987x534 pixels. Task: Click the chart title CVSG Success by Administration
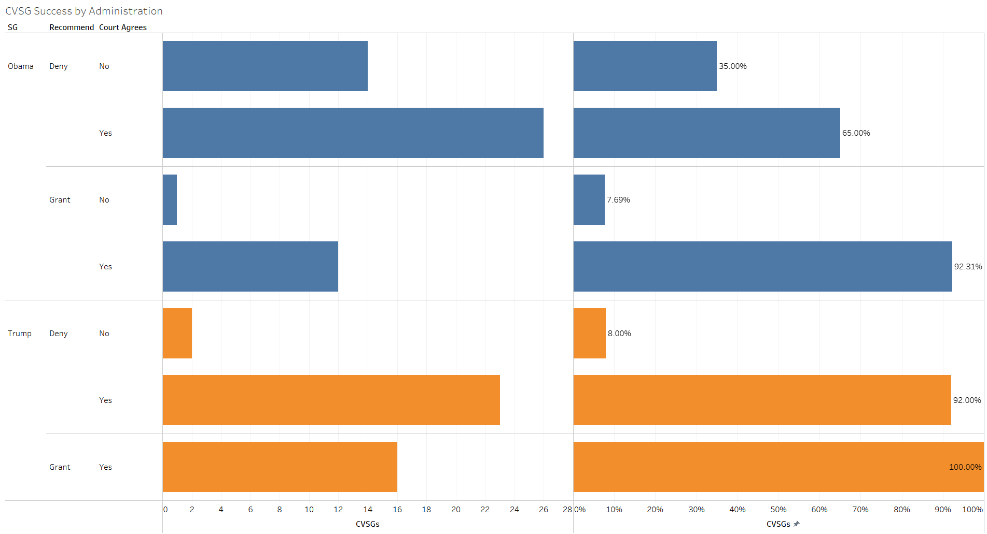point(84,11)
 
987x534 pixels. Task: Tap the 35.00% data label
point(732,66)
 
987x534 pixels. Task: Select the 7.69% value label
point(618,200)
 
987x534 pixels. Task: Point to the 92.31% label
point(968,267)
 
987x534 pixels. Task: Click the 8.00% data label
point(619,334)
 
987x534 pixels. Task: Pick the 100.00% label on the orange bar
point(965,467)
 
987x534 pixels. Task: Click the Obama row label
point(21,66)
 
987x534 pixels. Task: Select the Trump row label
point(20,334)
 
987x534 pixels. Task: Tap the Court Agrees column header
point(123,27)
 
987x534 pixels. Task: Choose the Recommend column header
point(72,27)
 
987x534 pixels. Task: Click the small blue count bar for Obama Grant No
point(170,200)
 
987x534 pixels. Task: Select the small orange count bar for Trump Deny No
point(177,334)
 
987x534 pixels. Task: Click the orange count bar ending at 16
point(280,467)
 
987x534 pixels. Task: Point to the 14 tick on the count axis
point(368,510)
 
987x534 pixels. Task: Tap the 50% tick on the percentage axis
point(778,510)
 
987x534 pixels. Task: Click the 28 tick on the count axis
point(567,510)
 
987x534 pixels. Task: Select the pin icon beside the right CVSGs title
point(797,524)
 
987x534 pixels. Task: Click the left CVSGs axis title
point(367,524)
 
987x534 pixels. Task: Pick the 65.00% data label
point(856,133)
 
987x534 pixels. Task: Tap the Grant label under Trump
point(60,467)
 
